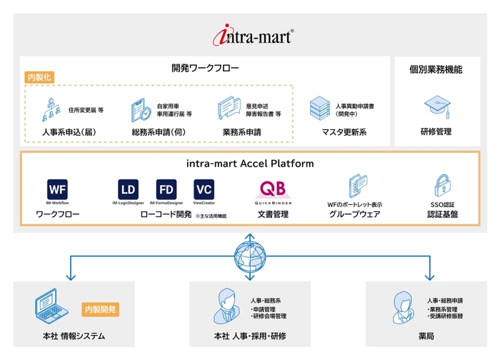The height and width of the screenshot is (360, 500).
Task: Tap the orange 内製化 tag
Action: click(40, 77)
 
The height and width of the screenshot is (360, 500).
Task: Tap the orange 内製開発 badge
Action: click(101, 309)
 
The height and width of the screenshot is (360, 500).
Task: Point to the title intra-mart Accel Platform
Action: click(249, 164)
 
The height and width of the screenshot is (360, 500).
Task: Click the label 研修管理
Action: click(436, 132)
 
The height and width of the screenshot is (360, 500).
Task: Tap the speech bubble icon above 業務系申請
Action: click(229, 109)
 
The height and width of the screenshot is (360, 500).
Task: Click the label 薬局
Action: click(426, 336)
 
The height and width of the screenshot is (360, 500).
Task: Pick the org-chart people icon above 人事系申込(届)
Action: click(51, 110)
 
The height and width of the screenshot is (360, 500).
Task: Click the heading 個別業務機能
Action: click(436, 69)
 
